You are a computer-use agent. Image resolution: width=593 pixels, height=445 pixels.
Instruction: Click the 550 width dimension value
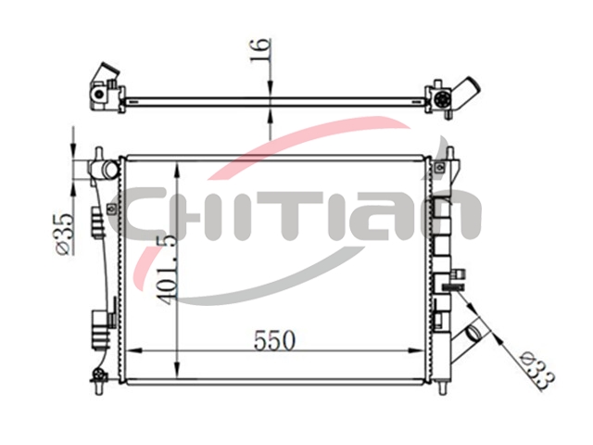tap(274, 340)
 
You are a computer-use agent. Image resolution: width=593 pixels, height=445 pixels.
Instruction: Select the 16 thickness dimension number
tap(260, 49)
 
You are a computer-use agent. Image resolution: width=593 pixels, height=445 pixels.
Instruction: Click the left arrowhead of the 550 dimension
tap(133, 350)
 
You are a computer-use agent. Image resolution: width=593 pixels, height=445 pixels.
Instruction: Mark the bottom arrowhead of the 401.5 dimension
tap(176, 369)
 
